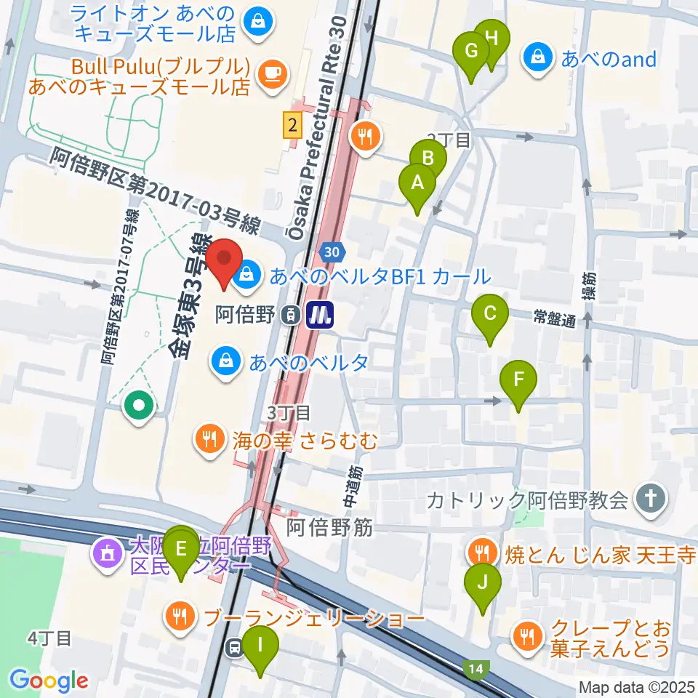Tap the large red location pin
224,263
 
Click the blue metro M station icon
318,315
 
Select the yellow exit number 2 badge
292,126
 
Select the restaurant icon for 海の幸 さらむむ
209,438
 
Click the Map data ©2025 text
636,686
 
